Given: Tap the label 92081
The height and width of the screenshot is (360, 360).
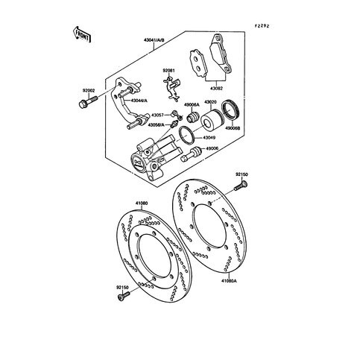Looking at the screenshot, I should pyautogui.click(x=171, y=72).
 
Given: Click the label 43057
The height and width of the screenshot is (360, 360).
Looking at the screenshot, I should pyautogui.click(x=155, y=116).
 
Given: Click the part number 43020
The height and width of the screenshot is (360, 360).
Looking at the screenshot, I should pyautogui.click(x=211, y=102).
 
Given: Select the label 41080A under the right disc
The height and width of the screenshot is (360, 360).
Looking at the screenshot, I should pyautogui.click(x=229, y=280).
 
